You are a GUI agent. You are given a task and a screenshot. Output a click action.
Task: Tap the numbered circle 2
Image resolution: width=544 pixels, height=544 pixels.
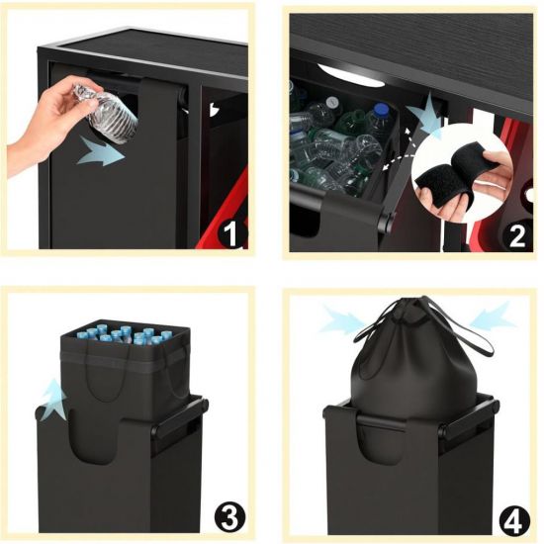pyautogui.click(x=516, y=234)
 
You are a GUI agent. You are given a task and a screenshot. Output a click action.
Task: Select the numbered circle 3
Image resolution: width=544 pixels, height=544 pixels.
pyautogui.click(x=229, y=518)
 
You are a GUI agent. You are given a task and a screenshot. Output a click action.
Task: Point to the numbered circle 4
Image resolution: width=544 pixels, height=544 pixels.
pyautogui.click(x=514, y=519)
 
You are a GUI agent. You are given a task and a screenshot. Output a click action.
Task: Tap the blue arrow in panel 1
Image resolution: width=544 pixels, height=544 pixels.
pyautogui.click(x=101, y=151)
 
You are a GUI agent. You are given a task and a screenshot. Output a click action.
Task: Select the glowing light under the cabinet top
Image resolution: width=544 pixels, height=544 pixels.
pyautogui.click(x=349, y=74)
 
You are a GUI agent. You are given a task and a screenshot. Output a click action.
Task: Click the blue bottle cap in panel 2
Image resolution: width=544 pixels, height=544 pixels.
pyautogui.click(x=382, y=110)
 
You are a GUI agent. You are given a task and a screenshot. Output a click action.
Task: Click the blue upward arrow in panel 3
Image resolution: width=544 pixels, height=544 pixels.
pyautogui.click(x=53, y=399)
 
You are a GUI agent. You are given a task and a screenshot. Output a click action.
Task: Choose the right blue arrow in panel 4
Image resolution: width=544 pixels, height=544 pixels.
pyautogui.click(x=493, y=315)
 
